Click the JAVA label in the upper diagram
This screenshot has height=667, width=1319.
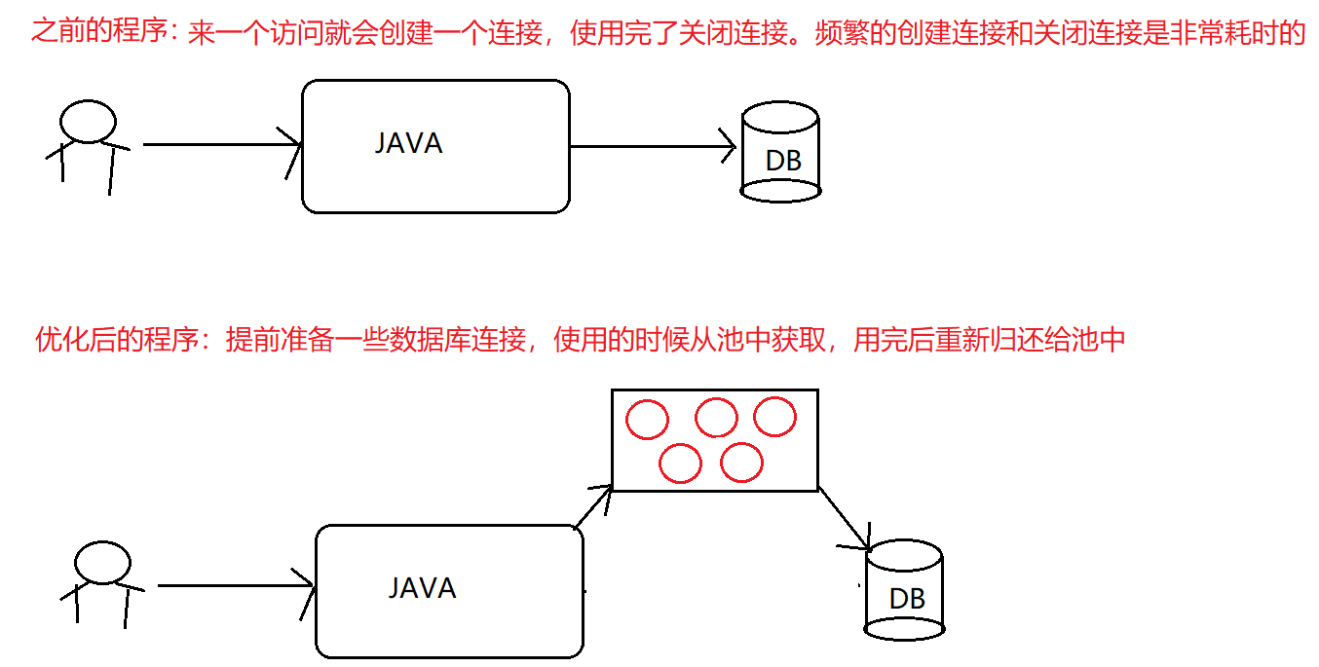[408, 144]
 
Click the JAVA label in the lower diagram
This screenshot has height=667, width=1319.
[422, 588]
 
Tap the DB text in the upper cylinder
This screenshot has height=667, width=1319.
[783, 161]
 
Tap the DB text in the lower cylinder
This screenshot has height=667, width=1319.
[907, 599]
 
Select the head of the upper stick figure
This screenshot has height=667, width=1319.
[88, 122]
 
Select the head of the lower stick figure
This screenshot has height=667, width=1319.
[102, 563]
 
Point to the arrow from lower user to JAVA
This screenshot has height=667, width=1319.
[235, 586]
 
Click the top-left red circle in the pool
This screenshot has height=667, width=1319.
[647, 421]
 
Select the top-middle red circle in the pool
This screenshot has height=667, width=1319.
[716, 418]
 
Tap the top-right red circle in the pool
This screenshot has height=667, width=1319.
[775, 417]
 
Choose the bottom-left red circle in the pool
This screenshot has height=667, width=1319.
[680, 463]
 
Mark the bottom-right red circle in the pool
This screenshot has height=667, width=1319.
[741, 463]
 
